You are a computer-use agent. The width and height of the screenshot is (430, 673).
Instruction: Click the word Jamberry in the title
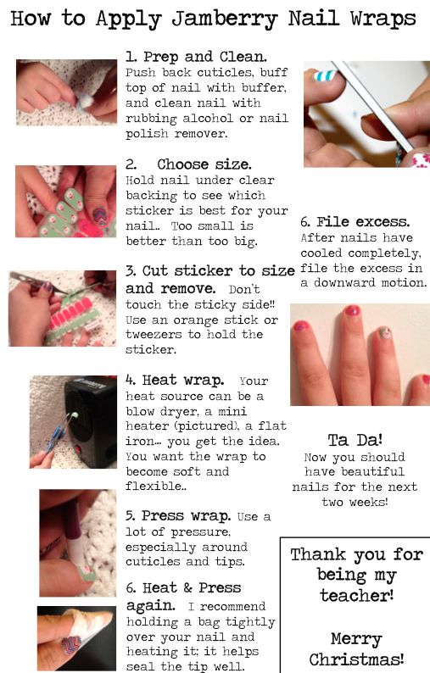pyautogui.click(x=225, y=19)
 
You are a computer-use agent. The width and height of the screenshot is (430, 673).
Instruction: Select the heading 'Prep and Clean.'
pyautogui.click(x=205, y=57)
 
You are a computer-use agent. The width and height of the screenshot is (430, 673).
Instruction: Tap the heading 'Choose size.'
pyautogui.click(x=204, y=164)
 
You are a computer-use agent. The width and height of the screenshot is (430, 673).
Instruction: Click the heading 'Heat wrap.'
pyautogui.click(x=183, y=381)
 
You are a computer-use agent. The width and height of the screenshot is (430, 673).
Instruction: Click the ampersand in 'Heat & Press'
pyautogui.click(x=187, y=587)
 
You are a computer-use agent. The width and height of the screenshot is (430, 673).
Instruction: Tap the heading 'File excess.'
pyautogui.click(x=363, y=222)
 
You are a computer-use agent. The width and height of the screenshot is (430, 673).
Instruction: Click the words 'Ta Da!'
pyautogui.click(x=355, y=440)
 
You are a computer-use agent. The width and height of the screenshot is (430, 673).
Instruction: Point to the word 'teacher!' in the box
pyautogui.click(x=356, y=595)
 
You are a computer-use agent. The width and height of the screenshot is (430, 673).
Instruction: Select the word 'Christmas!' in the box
pyautogui.click(x=356, y=659)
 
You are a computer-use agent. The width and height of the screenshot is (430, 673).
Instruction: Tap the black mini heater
pyautogui.click(x=89, y=420)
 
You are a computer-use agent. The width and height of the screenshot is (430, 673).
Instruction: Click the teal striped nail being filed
pyautogui.click(x=325, y=76)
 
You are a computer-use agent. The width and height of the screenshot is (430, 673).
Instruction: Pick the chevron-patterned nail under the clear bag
pyautogui.click(x=72, y=645)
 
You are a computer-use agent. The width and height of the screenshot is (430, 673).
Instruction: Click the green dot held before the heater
pyautogui.click(x=75, y=415)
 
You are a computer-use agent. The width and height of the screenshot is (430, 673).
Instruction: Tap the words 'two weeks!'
pyautogui.click(x=355, y=501)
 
